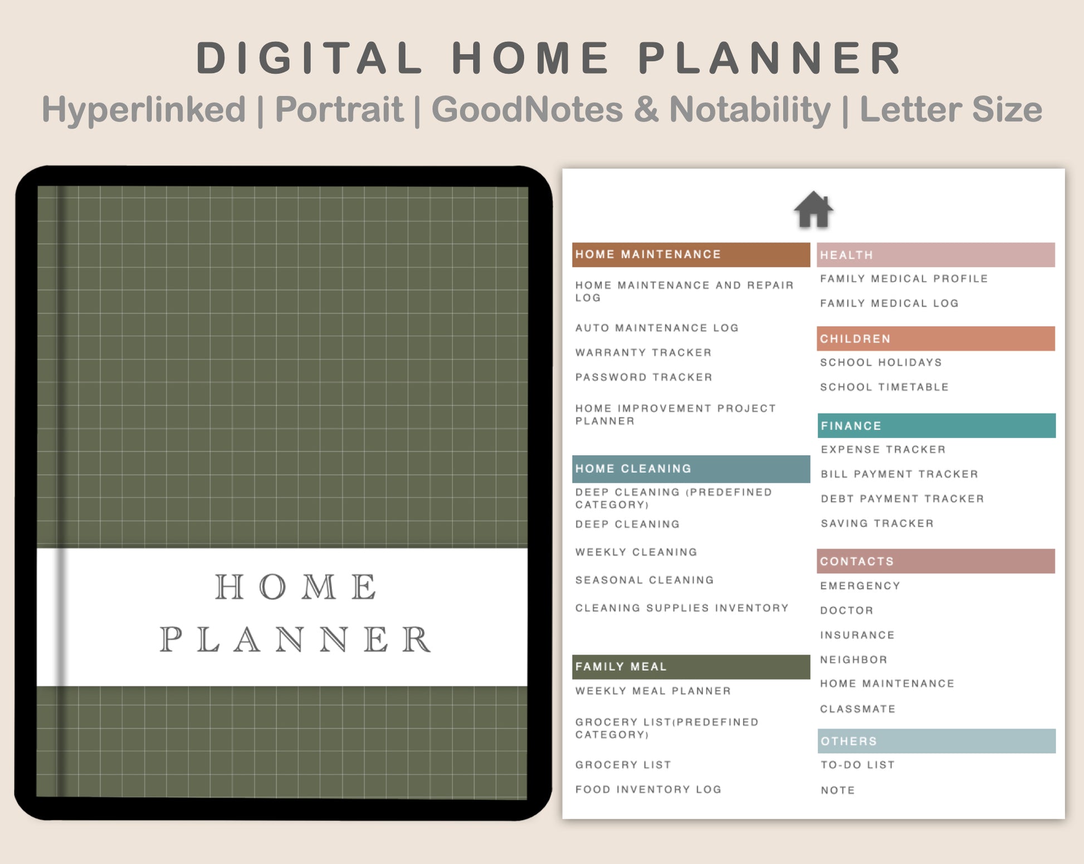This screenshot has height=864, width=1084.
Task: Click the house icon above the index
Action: pos(813,209)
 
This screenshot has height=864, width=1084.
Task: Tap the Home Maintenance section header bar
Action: pos(691,255)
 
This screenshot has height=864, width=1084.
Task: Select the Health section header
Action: pos(936,255)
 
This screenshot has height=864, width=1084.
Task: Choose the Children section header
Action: pos(936,339)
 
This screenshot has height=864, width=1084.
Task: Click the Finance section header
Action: pos(936,426)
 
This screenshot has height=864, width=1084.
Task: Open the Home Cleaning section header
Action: pos(691,469)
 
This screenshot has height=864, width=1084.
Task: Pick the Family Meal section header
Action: pos(691,667)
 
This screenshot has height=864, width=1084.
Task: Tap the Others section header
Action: pos(936,741)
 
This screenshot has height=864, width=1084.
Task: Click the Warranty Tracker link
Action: pos(643,353)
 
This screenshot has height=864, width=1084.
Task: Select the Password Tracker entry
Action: pos(644,377)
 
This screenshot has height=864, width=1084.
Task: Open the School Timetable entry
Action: pos(884,387)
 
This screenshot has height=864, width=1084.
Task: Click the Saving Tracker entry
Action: pos(877,524)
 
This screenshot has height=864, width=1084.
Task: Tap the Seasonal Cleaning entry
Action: pos(644,580)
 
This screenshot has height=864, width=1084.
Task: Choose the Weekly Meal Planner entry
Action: pos(653,691)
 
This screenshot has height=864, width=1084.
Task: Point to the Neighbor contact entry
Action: pos(853,660)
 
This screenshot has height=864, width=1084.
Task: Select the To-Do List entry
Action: pos(858,765)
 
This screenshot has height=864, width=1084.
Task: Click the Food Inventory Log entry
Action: pos(648,789)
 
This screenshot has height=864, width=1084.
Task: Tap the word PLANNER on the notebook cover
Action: pos(295,640)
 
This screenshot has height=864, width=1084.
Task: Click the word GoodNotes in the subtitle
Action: pos(527,109)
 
